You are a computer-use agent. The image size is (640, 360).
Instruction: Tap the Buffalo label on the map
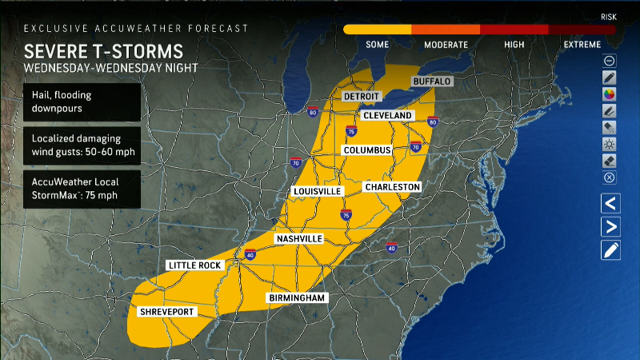point(432,82)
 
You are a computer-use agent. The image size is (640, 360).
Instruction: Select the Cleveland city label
point(387,115)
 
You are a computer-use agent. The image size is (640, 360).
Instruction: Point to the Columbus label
point(367,150)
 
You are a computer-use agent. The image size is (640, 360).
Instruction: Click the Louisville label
point(318,192)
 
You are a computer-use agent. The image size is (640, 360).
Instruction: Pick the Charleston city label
point(392,186)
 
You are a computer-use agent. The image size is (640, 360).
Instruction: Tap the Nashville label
point(298,239)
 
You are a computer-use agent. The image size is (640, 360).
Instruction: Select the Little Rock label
point(195,265)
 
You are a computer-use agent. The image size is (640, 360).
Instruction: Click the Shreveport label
point(166,311)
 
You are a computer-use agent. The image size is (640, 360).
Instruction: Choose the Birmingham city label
point(298,298)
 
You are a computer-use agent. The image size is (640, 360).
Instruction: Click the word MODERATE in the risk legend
point(446,45)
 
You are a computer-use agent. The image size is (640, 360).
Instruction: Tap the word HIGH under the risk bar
point(514,45)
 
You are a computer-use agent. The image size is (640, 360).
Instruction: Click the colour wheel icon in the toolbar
point(610,94)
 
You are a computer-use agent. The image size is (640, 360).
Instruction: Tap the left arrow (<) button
point(610,203)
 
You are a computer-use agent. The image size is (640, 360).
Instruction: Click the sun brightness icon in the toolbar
point(610,144)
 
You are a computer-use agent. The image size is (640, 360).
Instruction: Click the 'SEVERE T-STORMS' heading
point(103,51)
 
